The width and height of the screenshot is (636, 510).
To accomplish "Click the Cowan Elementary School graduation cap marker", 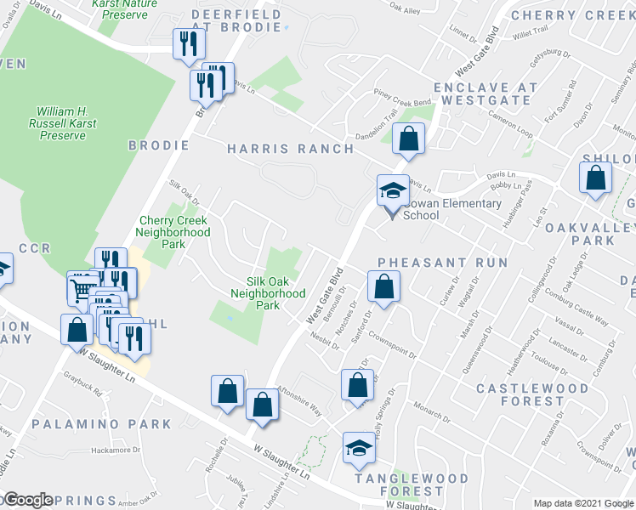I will click(393, 190).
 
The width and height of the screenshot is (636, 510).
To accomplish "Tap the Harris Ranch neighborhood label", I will click(291, 149).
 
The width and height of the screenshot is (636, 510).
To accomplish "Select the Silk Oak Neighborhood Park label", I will click(268, 293).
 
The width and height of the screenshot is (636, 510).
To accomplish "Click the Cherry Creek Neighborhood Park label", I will click(174, 232).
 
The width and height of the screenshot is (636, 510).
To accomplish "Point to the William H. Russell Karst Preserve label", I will click(66, 123).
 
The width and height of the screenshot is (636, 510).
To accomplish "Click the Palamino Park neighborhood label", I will click(101, 423).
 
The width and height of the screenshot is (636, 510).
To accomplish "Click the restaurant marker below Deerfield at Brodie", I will click(189, 44).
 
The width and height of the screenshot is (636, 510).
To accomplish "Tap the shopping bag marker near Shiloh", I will click(595, 178).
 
